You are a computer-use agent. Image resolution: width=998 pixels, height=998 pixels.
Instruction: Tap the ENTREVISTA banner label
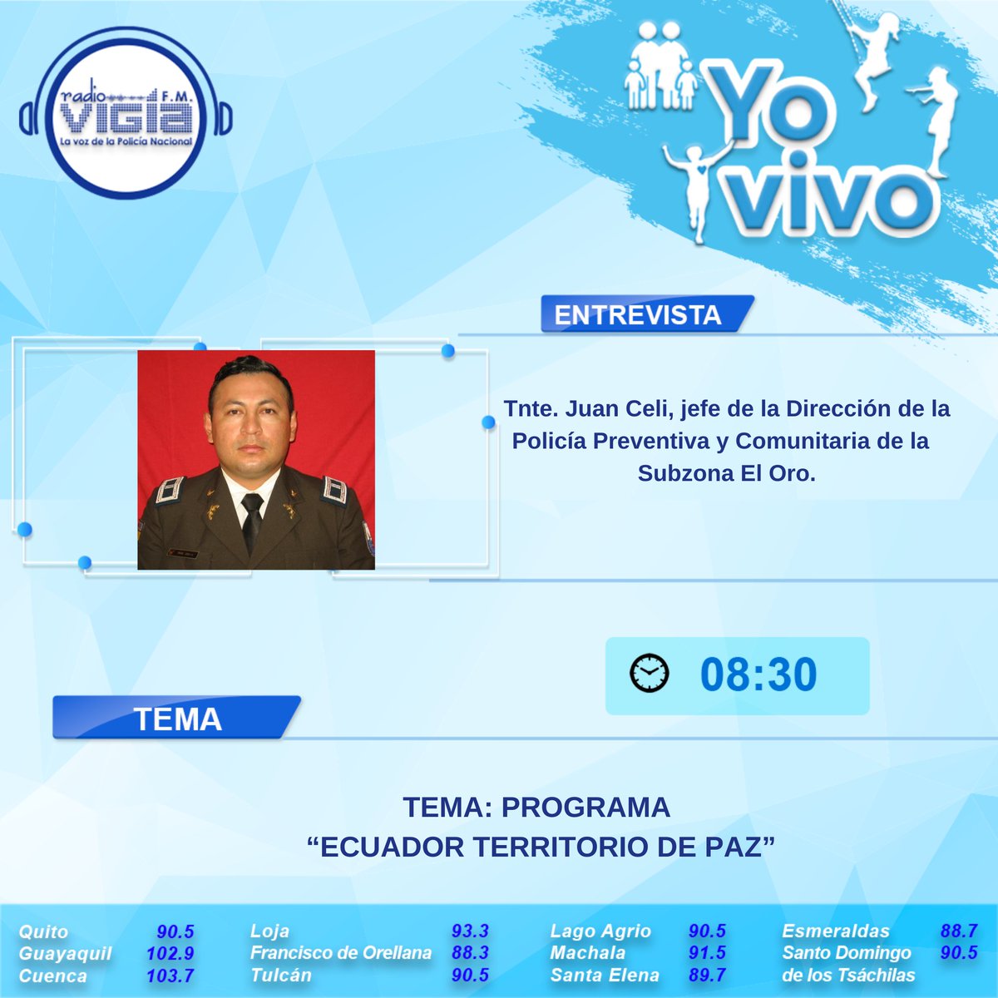pyautogui.click(x=637, y=315)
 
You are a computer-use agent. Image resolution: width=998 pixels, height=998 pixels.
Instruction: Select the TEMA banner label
pyautogui.click(x=177, y=719)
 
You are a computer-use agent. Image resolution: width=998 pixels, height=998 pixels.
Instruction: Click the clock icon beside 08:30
pyautogui.click(x=649, y=673)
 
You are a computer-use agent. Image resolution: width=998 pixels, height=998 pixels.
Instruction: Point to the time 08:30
pyautogui.click(x=758, y=674)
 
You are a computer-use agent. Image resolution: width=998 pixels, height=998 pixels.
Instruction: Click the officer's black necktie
pyautogui.click(x=252, y=519)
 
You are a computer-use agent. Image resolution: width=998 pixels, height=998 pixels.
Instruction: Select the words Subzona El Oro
pyautogui.click(x=726, y=472)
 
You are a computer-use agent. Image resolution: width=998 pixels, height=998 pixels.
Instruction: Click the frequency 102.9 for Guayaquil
pyautogui.click(x=170, y=953)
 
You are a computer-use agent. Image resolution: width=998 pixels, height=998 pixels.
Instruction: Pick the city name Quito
pyautogui.click(x=44, y=931)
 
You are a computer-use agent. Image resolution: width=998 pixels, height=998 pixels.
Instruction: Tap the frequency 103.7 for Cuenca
pyautogui.click(x=170, y=976)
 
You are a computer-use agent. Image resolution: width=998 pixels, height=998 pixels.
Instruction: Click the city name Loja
pyautogui.click(x=269, y=931)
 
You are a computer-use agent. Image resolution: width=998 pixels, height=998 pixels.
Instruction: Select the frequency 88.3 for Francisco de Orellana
pyautogui.click(x=469, y=953)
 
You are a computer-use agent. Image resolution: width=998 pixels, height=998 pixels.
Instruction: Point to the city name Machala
pyautogui.click(x=587, y=953)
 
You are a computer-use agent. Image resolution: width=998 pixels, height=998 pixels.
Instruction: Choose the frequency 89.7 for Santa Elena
pyautogui.click(x=707, y=976)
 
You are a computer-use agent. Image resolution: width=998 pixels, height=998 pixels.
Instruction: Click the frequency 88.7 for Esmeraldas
pyautogui.click(x=958, y=931)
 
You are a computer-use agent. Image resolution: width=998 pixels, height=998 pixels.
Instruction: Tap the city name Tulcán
pyautogui.click(x=281, y=976)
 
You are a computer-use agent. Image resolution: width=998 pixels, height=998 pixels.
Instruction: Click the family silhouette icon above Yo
pyautogui.click(x=661, y=71)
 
